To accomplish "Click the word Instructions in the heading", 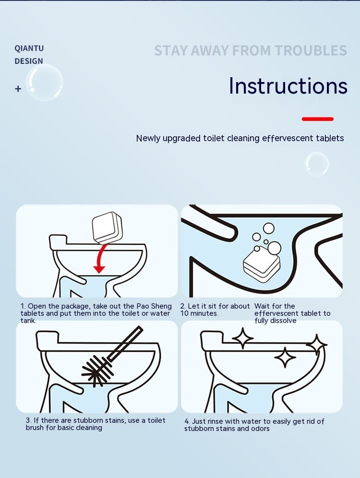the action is (288, 85).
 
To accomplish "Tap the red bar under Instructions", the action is (318, 119).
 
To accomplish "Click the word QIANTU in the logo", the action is (29, 48).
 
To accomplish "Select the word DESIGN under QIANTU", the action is (29, 61).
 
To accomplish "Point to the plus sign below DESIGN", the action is (18, 89).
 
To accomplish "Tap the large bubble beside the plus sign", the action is (45, 83).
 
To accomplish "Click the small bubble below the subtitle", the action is (317, 164).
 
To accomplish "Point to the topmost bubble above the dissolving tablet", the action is (268, 228).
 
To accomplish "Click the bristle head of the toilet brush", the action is (96, 370).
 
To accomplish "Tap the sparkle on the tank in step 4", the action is (243, 338).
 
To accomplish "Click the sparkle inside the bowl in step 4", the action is (285, 357).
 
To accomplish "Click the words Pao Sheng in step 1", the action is (154, 306).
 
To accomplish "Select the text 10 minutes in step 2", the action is (199, 313).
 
